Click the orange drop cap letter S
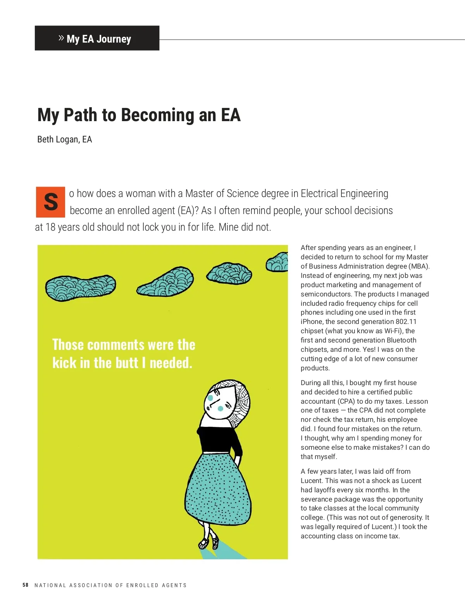pos(50,202)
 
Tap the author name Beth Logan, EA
pos(64,139)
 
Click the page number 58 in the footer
pos(26,585)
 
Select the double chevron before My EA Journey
pos(61,38)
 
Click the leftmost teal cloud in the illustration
pos(80,288)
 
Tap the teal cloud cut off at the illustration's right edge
pos(278,262)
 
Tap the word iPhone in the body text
pos(312,322)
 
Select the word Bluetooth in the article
pos(401,340)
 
